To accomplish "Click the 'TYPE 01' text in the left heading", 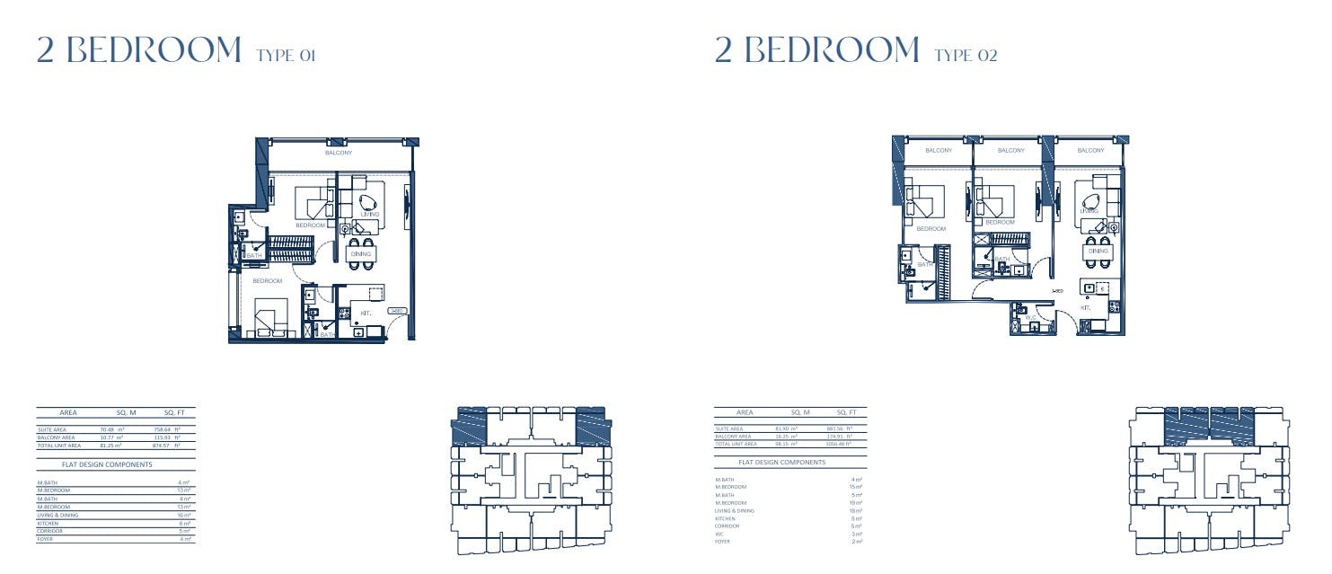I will click(x=286, y=56).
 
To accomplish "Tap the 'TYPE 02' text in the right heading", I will click(x=966, y=56).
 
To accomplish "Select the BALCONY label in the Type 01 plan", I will click(x=339, y=153).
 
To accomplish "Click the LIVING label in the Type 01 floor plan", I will click(x=370, y=215).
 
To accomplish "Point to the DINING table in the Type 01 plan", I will click(x=361, y=253).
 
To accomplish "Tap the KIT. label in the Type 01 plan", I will click(x=366, y=313).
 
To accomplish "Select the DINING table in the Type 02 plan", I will click(x=1098, y=252).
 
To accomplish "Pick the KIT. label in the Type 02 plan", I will click(x=1085, y=307).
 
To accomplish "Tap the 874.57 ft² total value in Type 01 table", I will click(x=167, y=446).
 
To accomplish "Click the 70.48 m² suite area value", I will click(x=111, y=430).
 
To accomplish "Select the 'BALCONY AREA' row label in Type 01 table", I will click(x=56, y=437).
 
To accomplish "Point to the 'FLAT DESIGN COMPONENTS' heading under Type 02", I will click(x=781, y=462).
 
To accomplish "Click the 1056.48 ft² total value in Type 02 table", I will click(x=838, y=444).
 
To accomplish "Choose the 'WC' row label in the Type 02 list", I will click(x=719, y=534).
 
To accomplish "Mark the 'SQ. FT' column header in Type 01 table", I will click(x=174, y=413).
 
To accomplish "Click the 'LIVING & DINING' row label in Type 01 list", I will click(x=57, y=515).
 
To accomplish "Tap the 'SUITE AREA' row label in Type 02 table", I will click(x=729, y=428).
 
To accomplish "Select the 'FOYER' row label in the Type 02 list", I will click(x=722, y=541).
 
